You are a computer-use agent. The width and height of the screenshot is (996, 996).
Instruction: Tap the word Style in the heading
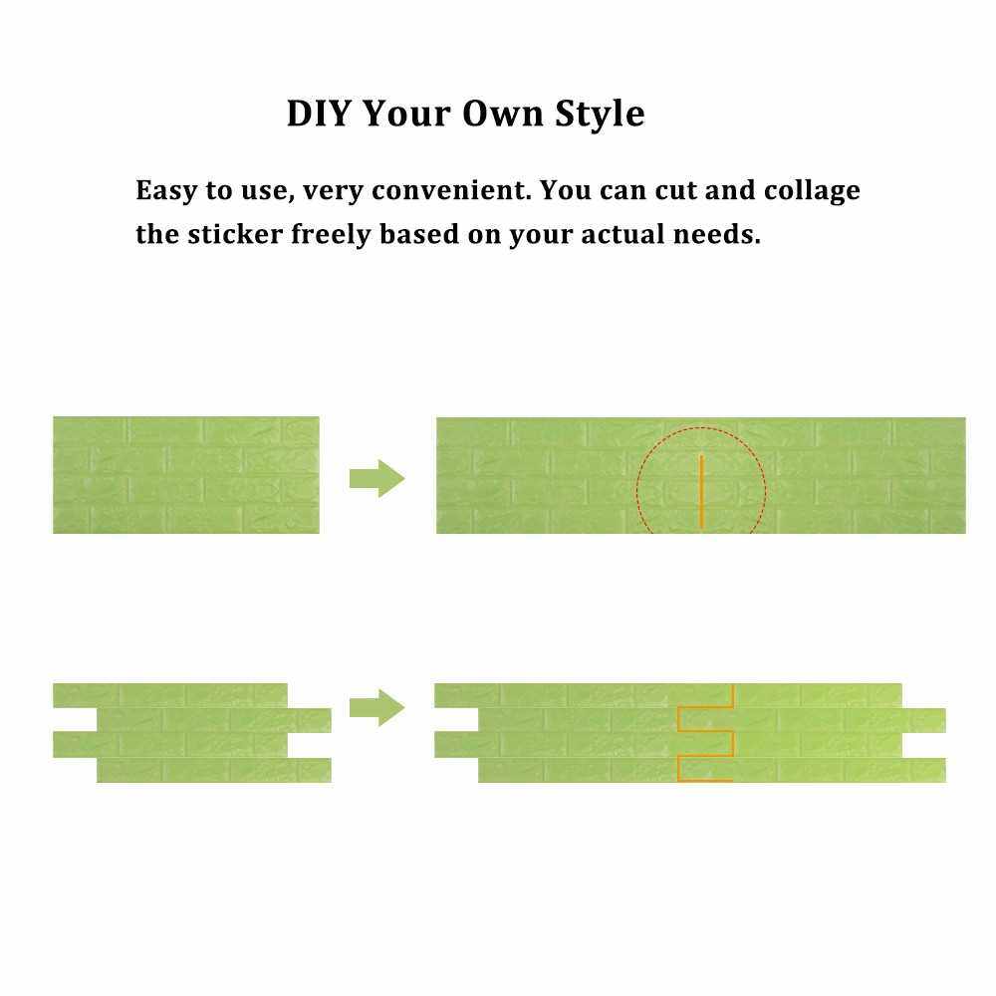click(x=600, y=115)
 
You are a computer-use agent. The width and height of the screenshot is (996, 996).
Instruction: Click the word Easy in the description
click(x=166, y=191)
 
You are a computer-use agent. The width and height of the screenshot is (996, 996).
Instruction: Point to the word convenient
click(x=449, y=190)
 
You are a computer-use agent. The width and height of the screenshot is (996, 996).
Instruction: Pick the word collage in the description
click(x=812, y=191)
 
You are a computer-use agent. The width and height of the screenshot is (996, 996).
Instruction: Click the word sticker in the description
click(x=235, y=234)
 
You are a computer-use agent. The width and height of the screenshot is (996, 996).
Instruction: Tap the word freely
click(x=331, y=234)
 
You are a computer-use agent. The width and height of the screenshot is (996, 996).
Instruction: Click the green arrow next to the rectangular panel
click(x=376, y=478)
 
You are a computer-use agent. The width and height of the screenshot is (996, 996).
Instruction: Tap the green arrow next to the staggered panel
click(x=376, y=707)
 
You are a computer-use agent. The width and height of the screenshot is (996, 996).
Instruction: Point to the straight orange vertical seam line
click(x=701, y=491)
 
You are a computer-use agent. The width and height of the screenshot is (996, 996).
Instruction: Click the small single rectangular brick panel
click(x=185, y=475)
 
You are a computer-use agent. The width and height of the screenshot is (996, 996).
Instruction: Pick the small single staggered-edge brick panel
click(x=192, y=732)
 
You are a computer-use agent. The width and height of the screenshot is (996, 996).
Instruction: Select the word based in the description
click(x=419, y=234)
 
